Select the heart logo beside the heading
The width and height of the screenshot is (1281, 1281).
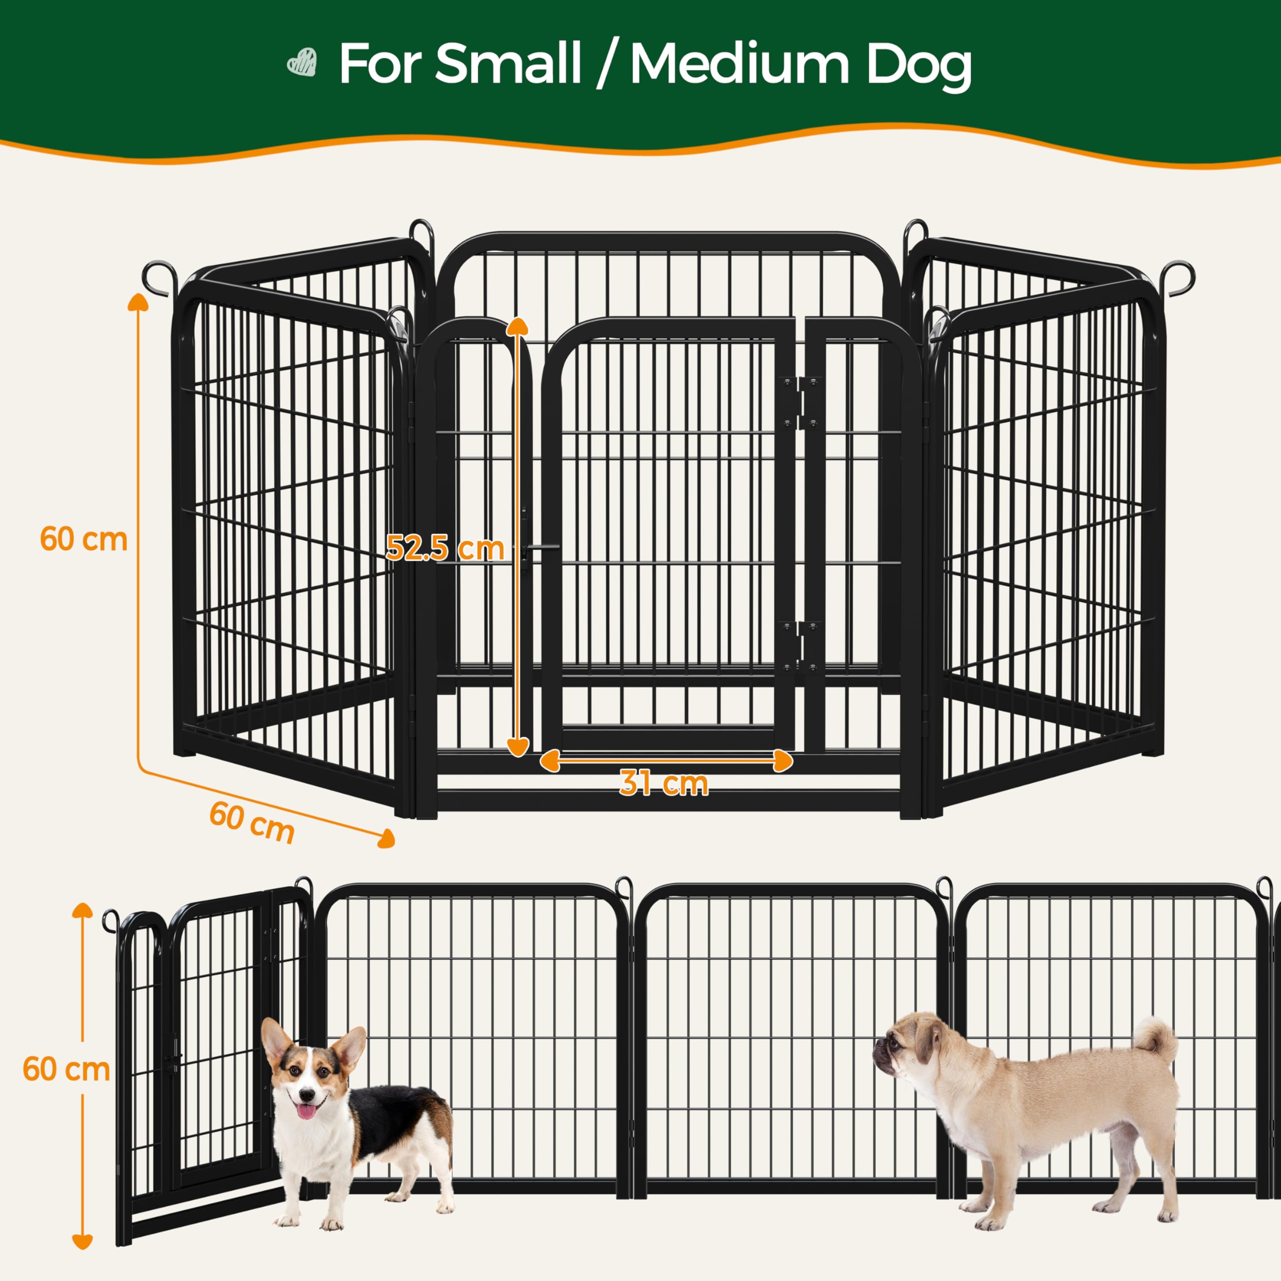(x=302, y=63)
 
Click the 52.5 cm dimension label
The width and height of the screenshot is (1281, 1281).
(x=445, y=547)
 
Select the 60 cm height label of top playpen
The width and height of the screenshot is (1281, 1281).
(x=84, y=539)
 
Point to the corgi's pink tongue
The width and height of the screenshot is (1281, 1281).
(x=306, y=1111)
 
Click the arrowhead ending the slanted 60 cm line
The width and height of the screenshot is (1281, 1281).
(x=386, y=840)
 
